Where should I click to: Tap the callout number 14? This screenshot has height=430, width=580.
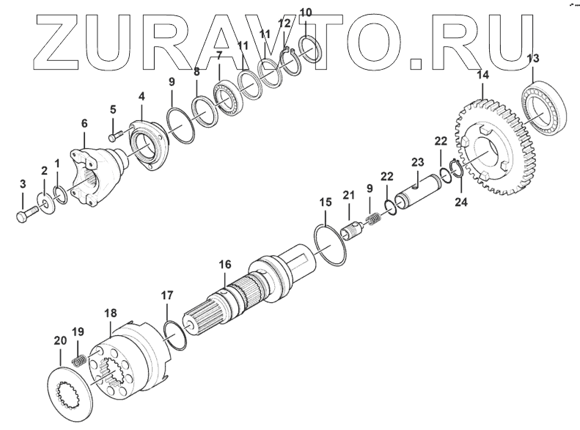[482, 74]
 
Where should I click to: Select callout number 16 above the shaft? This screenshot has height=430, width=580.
[224, 264]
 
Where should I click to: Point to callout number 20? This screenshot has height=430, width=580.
[59, 340]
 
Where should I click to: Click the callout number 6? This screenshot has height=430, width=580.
[84, 124]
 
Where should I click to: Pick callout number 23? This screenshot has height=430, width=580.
[417, 162]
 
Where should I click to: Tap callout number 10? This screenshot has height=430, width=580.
[306, 12]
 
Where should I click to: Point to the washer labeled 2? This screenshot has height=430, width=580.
[45, 202]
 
